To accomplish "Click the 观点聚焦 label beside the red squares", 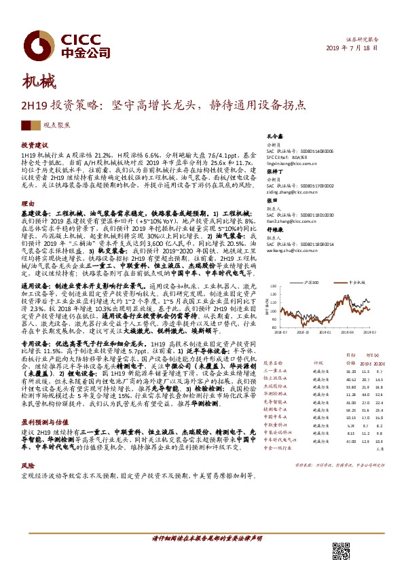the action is coord(47,125).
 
